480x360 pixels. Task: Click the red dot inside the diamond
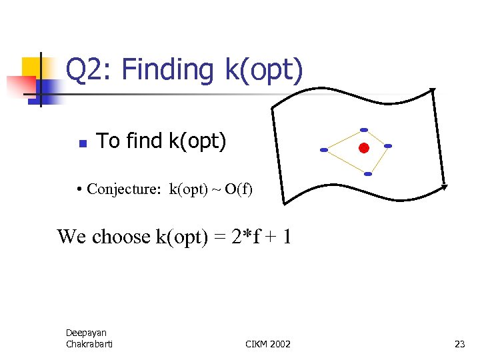click(x=363, y=147)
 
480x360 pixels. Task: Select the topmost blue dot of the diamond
click(x=363, y=129)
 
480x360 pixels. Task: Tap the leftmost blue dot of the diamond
click(x=324, y=150)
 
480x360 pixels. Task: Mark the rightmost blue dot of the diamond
click(x=388, y=146)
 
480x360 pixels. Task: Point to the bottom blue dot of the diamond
click(x=367, y=174)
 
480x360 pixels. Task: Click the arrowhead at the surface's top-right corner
click(x=432, y=90)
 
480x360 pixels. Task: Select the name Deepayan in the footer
click(x=86, y=332)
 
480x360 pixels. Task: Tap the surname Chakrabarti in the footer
click(x=89, y=343)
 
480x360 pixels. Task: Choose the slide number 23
click(x=459, y=344)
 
